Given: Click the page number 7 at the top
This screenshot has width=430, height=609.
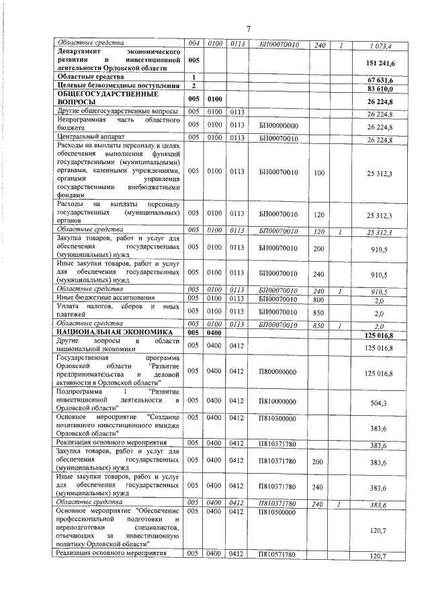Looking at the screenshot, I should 248,28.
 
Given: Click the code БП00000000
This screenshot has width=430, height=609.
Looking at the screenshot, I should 279,126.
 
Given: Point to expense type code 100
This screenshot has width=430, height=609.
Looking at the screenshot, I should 319,173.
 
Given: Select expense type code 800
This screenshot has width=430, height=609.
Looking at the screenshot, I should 319,298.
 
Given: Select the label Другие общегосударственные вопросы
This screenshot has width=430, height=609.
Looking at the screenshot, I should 118,110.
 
